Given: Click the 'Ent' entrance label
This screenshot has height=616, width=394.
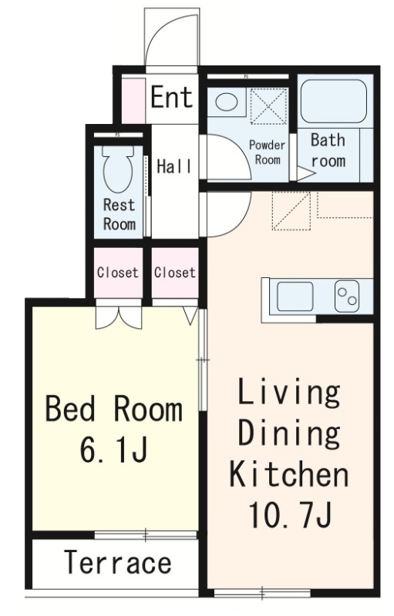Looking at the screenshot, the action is [172, 97].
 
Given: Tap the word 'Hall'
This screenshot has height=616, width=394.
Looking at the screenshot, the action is [174, 166].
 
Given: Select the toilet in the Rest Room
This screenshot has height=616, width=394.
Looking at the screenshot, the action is [117, 168].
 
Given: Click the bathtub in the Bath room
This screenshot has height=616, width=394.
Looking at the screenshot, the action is [334, 102].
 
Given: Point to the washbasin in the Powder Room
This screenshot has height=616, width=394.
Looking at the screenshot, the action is [227, 102].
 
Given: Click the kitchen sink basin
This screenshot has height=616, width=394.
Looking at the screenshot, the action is [295, 296].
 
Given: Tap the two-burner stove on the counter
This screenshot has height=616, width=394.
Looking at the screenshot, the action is [347, 296].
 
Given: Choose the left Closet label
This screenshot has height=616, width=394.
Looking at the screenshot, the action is [117, 273].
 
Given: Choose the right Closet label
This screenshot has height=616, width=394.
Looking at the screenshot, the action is [174, 273].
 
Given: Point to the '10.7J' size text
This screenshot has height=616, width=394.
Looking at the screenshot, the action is [290, 514].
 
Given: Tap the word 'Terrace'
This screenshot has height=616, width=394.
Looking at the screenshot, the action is [117, 563].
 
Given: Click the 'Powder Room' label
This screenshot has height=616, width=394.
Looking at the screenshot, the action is [267, 152].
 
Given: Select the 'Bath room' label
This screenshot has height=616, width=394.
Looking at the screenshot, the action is [328, 150].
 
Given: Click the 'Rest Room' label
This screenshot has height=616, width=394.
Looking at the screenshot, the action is [119, 215].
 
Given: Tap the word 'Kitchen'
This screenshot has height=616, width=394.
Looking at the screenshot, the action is [289, 474].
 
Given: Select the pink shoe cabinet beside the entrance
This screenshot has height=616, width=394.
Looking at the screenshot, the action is [133, 101].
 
